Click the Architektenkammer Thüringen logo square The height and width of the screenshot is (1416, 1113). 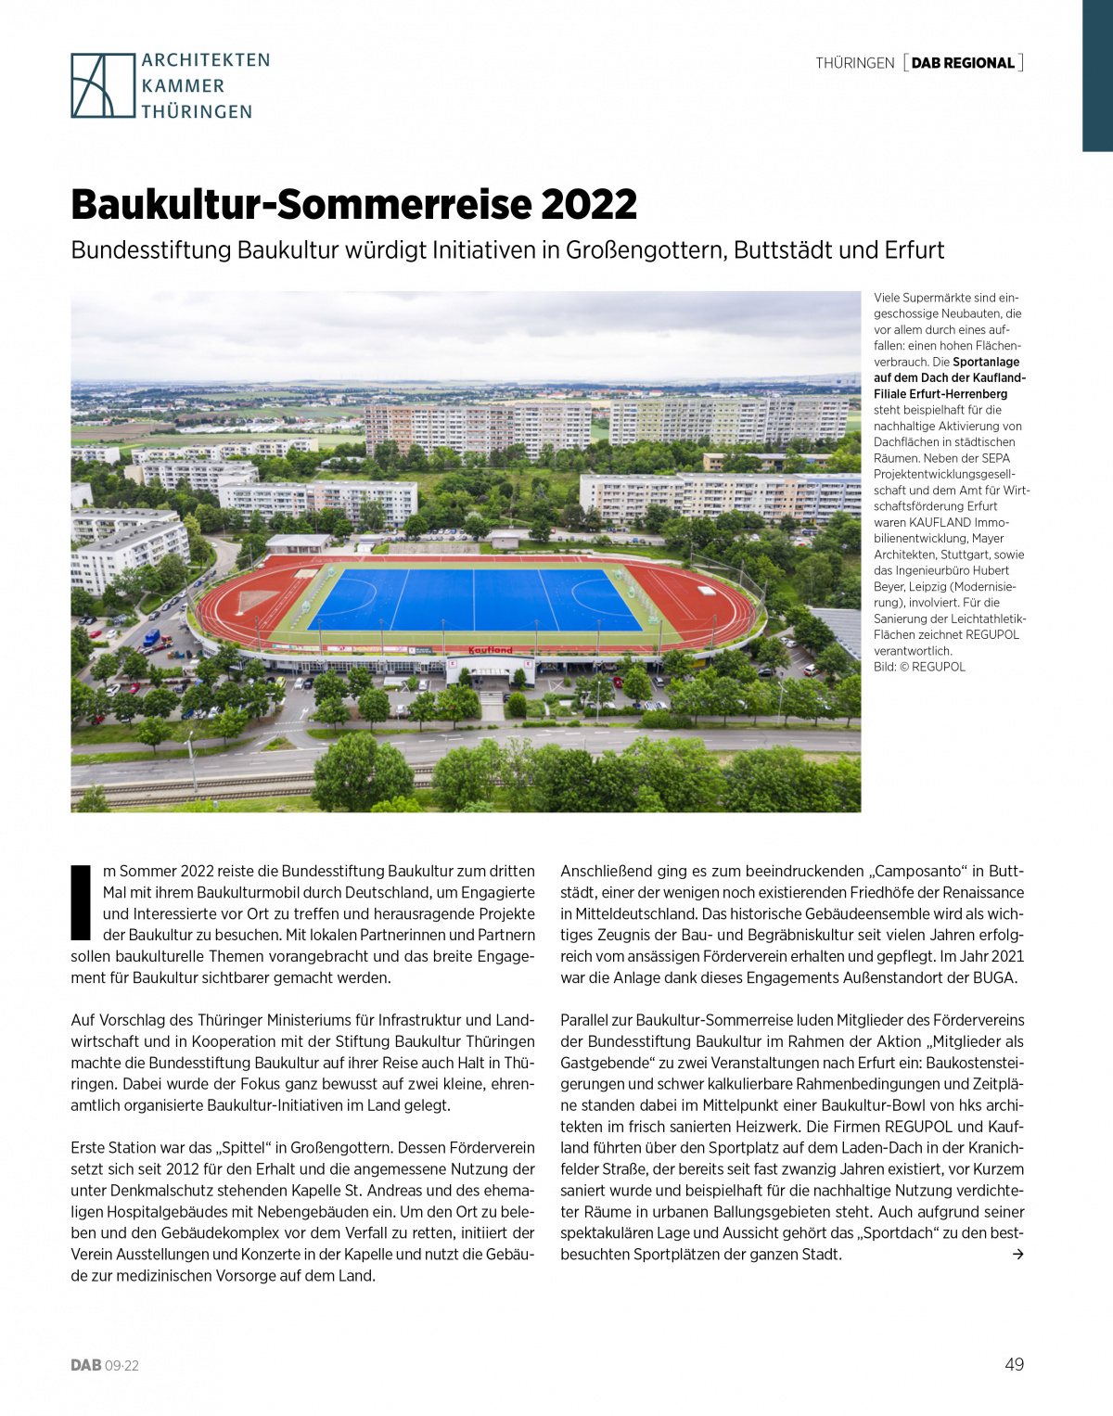[x=103, y=85]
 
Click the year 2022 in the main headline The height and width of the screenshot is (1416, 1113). [x=589, y=205]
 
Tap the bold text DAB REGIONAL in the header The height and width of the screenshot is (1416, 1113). [x=963, y=63]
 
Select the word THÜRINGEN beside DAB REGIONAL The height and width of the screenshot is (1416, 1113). [x=854, y=63]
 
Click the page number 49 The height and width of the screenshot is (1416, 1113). [x=1014, y=1364]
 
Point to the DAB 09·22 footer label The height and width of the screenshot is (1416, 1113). [x=105, y=1365]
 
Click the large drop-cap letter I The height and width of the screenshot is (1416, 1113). [x=82, y=902]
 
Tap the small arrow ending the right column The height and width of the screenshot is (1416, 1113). [x=1017, y=1255]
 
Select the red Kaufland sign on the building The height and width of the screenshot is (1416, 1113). [x=491, y=650]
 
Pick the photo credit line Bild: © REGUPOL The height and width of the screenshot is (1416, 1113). [x=919, y=667]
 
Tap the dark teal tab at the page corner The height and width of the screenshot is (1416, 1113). [x=1097, y=74]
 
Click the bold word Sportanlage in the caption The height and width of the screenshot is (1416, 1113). [x=986, y=362]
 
